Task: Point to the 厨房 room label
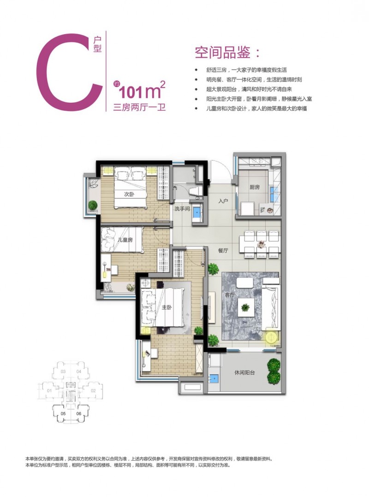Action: [x=255, y=188]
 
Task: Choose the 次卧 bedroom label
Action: [x=130, y=194]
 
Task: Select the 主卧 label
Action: [x=167, y=308]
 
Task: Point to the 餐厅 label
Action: [x=224, y=250]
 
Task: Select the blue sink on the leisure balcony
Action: [x=213, y=379]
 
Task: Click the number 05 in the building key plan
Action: [x=63, y=414]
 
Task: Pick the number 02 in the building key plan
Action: [x=92, y=391]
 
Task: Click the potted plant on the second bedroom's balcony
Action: [x=93, y=205]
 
